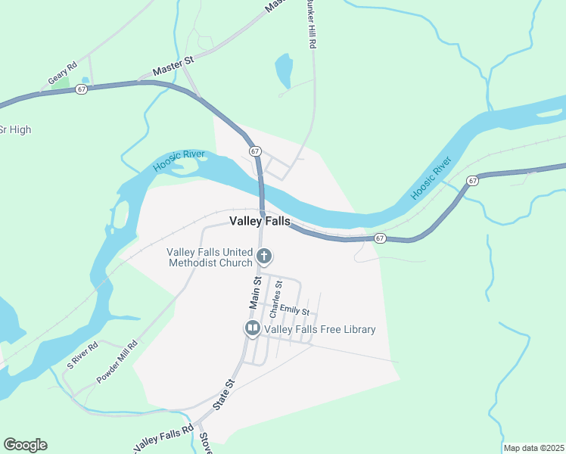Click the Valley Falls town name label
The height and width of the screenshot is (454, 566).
click(260, 221)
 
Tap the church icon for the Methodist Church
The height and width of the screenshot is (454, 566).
click(263, 256)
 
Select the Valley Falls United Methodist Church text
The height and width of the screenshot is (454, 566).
click(210, 257)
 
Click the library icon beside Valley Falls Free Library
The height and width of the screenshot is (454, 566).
click(251, 328)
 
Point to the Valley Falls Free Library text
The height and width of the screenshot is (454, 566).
click(319, 329)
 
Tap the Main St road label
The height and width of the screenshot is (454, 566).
click(257, 291)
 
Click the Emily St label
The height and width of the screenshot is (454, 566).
click(295, 309)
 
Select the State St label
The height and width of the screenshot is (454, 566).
click(224, 394)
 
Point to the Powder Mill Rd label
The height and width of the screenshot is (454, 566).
click(117, 362)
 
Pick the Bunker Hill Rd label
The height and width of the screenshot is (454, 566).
click(310, 25)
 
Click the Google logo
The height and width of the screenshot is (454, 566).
click(25, 445)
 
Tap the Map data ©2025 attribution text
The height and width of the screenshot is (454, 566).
click(534, 448)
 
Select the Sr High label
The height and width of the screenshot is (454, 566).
click(15, 129)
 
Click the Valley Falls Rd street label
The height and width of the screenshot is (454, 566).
click(160, 439)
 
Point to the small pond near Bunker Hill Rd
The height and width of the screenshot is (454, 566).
click(284, 71)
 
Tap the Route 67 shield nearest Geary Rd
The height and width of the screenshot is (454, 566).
click(81, 89)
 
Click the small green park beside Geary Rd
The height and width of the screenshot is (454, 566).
click(61, 83)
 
